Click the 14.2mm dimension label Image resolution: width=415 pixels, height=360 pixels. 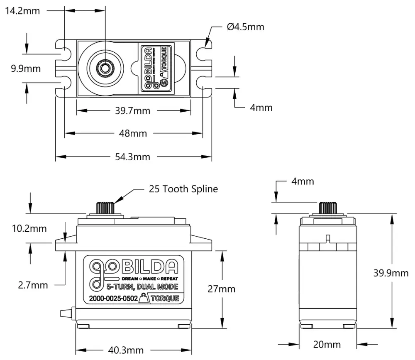22,11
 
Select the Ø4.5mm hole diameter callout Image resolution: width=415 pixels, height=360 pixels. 245,27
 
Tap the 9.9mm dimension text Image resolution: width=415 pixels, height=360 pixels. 25,69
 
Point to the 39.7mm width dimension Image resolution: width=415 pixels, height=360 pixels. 133,111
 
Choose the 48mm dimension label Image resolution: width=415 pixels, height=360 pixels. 133,133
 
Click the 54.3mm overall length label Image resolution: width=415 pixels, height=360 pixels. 133,157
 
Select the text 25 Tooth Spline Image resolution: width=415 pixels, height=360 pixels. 183,189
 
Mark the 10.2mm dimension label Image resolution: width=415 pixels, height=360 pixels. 29,228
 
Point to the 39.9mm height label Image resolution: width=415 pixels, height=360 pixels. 391,273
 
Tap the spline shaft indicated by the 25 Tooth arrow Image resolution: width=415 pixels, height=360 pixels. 105,207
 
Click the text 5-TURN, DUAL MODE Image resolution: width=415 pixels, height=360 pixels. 142,287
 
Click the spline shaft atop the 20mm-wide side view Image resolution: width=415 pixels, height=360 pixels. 328,207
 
